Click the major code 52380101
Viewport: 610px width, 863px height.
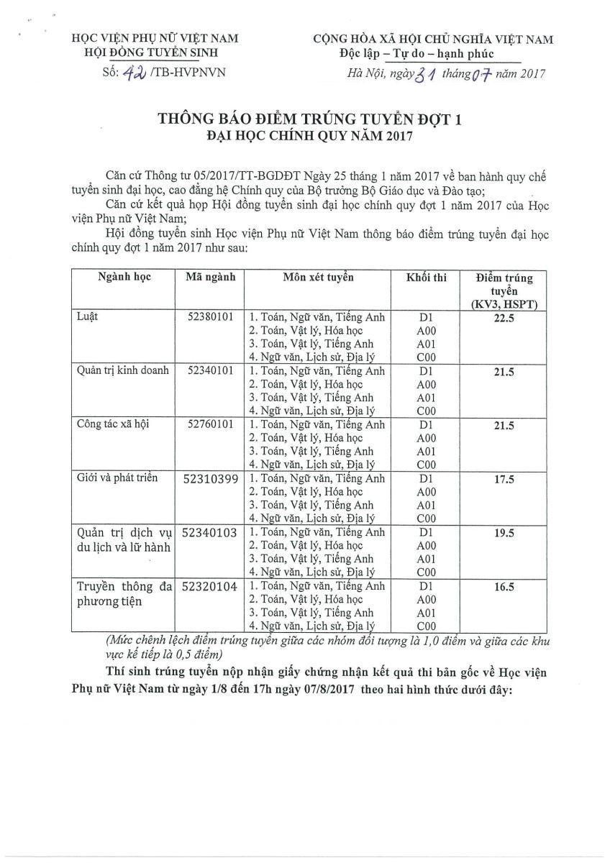209,316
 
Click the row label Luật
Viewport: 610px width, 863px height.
88,316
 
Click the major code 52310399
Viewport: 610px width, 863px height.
210,479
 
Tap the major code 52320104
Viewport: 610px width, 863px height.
210,587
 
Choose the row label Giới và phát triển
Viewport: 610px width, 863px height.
116,478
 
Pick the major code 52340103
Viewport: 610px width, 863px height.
210,533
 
